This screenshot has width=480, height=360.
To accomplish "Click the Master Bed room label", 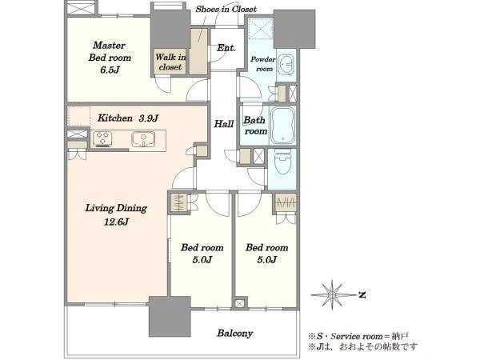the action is click(x=110, y=51).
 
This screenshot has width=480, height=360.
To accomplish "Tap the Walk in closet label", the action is click(x=170, y=62).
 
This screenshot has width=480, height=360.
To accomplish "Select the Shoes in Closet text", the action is click(x=226, y=9).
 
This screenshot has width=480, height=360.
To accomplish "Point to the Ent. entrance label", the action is click(x=226, y=48).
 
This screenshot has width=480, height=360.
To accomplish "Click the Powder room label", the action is click(x=263, y=64).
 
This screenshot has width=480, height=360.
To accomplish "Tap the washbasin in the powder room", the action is click(x=286, y=64).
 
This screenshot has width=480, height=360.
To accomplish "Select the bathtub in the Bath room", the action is click(x=282, y=126).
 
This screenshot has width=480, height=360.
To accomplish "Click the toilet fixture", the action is click(x=282, y=163).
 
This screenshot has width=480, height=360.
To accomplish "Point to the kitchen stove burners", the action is click(x=102, y=138).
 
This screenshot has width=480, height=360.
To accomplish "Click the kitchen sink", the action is click(x=143, y=139).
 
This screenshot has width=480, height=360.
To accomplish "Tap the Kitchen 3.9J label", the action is click(x=128, y=118).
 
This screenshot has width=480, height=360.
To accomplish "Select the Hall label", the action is click(x=224, y=124).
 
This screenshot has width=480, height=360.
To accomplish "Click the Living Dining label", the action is click(x=116, y=209).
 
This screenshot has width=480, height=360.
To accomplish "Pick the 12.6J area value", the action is click(x=116, y=222).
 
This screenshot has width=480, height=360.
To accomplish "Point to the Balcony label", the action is click(x=234, y=333).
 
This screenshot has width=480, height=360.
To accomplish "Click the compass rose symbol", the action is click(x=333, y=294).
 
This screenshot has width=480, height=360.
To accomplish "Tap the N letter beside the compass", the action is click(x=362, y=294).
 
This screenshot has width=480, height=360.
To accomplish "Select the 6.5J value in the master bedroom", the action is click(x=110, y=70).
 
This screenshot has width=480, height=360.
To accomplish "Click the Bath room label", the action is click(x=255, y=126).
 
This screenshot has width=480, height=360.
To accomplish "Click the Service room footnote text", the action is click(x=358, y=337).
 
